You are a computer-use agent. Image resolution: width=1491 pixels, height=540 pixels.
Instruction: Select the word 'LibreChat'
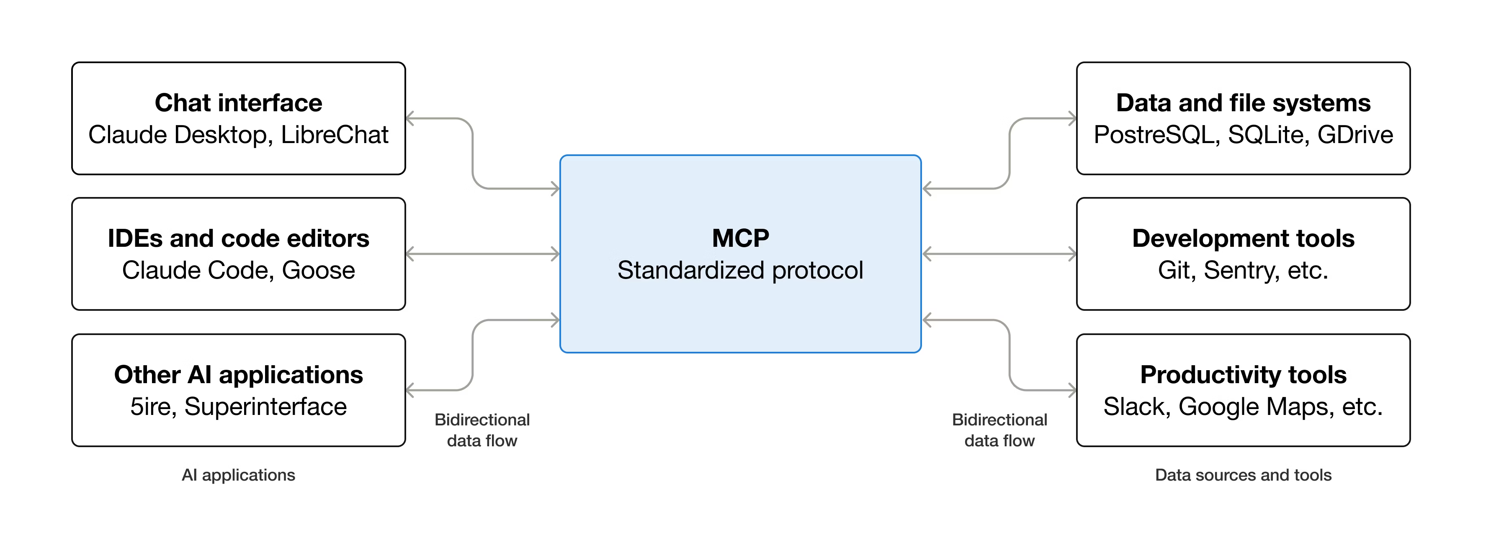coord(335,135)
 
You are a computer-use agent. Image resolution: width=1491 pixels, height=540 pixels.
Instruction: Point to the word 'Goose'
coord(318,270)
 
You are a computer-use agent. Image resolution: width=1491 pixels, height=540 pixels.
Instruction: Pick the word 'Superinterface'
coord(265,407)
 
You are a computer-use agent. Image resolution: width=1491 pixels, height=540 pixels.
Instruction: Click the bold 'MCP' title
coord(740,238)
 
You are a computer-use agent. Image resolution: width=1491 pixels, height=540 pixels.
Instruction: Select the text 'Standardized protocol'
coord(740,270)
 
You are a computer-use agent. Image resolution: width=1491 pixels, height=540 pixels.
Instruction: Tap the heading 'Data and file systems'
coord(1243,103)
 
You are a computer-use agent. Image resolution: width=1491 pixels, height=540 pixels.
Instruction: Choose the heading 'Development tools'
coord(1243,238)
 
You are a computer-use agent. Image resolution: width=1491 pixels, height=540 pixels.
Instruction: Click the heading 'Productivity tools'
coord(1243,375)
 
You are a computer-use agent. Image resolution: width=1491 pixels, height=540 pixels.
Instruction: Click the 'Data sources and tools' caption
coord(1243,475)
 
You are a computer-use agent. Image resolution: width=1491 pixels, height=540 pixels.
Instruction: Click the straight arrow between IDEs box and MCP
coord(483,254)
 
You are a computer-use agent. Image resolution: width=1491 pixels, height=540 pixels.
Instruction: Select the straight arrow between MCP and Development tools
coord(999,254)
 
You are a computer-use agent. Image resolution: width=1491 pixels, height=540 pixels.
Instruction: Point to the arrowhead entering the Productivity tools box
coord(1072,390)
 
